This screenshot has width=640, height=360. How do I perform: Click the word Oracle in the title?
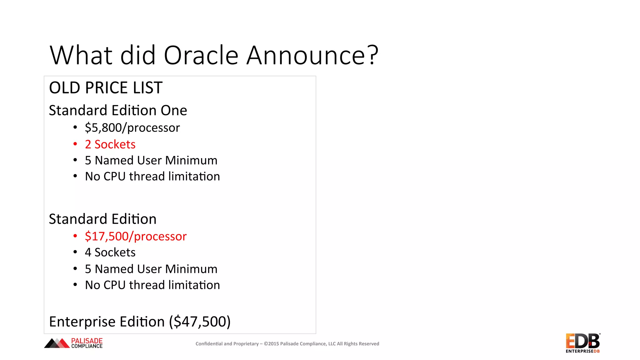click(201, 55)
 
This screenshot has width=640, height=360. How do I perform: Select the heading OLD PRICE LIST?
click(106, 87)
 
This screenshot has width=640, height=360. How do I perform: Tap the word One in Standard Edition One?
click(173, 110)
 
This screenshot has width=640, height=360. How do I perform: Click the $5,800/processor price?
click(132, 127)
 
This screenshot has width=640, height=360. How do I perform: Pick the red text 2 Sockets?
click(110, 144)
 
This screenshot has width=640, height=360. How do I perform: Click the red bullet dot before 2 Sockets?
click(75, 144)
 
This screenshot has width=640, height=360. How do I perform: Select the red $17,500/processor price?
click(136, 236)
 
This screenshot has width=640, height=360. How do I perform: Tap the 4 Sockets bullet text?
click(110, 252)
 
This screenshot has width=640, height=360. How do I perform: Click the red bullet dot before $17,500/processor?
click(75, 236)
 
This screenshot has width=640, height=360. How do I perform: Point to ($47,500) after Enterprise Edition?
click(200, 322)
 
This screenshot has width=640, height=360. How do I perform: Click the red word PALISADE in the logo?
click(87, 341)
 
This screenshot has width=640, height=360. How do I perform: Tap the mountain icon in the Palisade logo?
click(57, 343)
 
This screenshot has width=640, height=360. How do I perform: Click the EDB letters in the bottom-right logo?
click(582, 341)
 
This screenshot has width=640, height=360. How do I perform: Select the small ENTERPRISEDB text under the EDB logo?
click(582, 351)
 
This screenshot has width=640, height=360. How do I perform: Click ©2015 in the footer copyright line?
click(271, 344)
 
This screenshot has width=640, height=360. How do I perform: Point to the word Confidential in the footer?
click(209, 344)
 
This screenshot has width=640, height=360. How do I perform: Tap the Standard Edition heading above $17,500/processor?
click(102, 219)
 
